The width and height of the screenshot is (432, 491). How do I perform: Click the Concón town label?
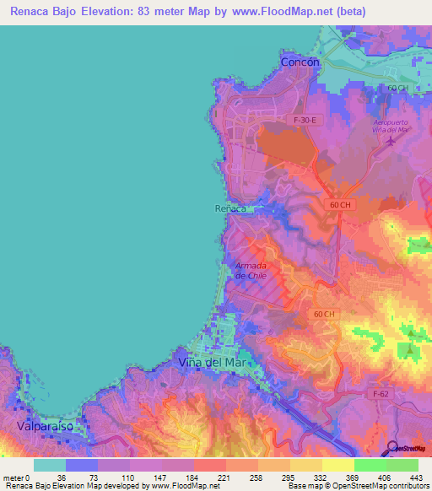(x=300, y=62)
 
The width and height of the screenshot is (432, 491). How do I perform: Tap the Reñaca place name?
(x=229, y=208)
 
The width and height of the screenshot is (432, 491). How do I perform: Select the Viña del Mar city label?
(x=211, y=362)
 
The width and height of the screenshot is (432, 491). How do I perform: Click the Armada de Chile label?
(x=251, y=270)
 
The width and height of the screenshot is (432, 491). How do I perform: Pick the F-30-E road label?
(x=305, y=121)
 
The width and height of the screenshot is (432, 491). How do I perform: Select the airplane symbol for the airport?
(x=389, y=140)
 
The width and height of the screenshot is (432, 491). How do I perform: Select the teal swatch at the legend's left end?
(x=50, y=465)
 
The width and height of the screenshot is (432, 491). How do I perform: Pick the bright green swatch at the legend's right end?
(x=402, y=465)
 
